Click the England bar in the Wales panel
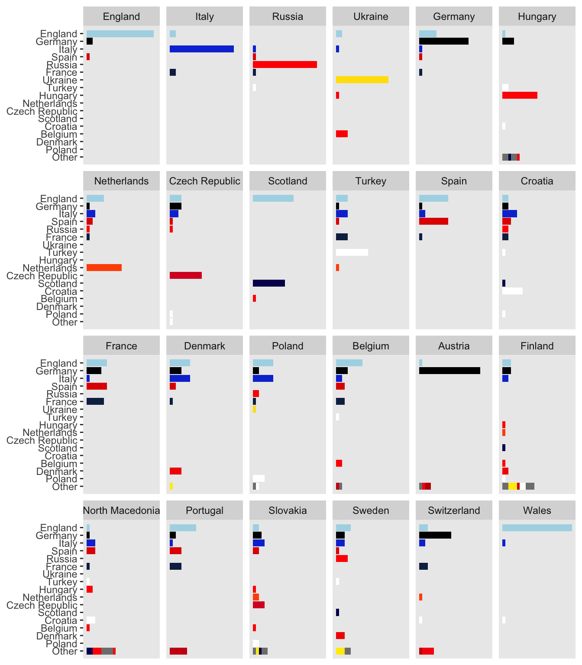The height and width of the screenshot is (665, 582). pos(537,528)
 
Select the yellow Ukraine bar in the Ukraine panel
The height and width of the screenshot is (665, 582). pos(362,80)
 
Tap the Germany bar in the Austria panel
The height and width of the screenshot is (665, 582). pos(449,371)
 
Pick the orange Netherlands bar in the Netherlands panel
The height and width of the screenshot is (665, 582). pos(104,268)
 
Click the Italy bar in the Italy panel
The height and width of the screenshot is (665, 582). pos(202,49)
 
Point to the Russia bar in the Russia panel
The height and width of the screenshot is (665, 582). pos(285,65)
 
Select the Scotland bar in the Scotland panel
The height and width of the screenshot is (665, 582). pos(269,283)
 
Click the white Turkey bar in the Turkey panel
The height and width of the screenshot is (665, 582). pos(352,252)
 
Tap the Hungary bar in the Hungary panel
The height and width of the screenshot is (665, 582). pos(520,95)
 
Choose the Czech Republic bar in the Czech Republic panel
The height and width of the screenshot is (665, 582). pos(186,275)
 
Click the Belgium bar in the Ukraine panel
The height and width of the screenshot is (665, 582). pos(342,134)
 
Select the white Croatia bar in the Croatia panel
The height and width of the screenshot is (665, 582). pos(512,291)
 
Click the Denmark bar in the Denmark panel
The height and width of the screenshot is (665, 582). pos(175,471)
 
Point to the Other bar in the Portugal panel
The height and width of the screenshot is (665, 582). pos(178,651)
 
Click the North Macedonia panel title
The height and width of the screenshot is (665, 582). pos(121,510)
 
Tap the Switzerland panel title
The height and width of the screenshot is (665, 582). pos(454,510)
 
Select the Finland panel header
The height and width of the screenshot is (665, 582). pos(537,346)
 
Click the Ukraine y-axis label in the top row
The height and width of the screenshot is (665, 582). pos(60,80)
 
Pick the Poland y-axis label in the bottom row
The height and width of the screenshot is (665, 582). pos(61,644)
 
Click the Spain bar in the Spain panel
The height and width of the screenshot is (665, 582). pos(433,221)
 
